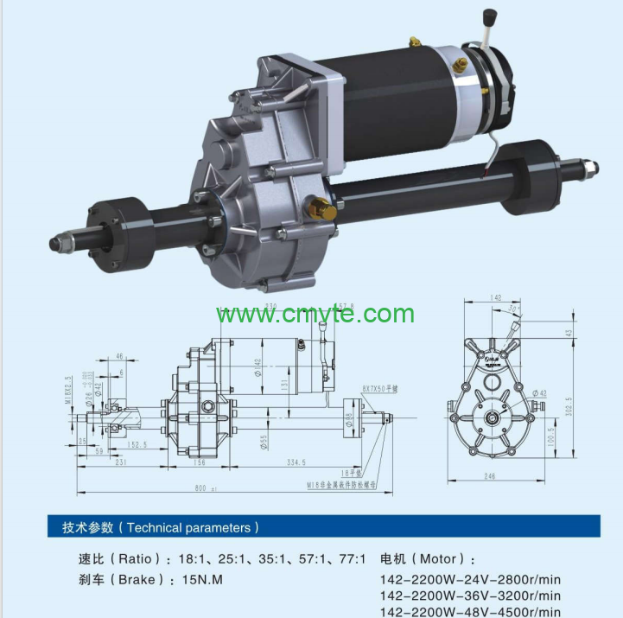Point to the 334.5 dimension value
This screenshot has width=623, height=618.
(297, 462)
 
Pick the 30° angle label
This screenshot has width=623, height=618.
(515, 309)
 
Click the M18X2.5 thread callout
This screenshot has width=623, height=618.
(68, 394)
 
